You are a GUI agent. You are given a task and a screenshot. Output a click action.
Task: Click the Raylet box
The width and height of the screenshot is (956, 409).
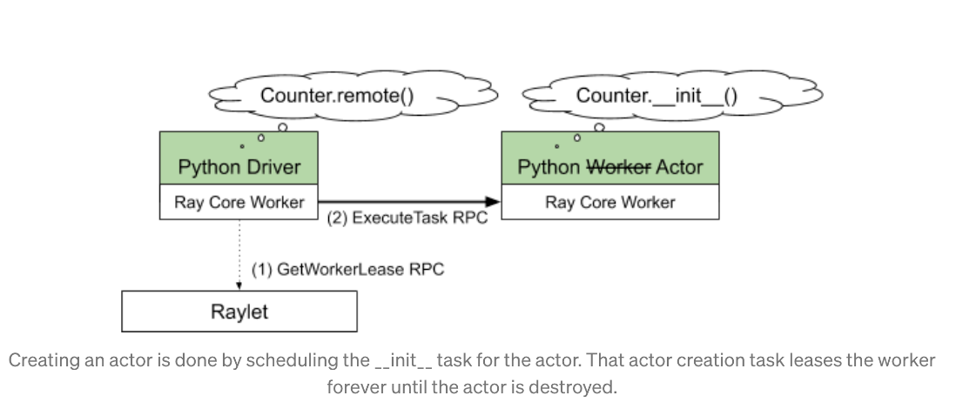[239, 312]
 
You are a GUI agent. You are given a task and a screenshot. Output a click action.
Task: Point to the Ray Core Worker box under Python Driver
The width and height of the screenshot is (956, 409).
[239, 202]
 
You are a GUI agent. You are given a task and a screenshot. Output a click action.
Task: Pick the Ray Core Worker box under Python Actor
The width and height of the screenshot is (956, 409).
[609, 202]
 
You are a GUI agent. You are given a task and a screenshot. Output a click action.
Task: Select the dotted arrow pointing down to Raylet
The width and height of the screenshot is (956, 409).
[239, 252]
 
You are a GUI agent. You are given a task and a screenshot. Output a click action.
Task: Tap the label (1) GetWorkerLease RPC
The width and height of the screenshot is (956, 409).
[347, 269]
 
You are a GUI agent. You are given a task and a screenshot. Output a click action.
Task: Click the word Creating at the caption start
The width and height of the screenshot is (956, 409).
[39, 360]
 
